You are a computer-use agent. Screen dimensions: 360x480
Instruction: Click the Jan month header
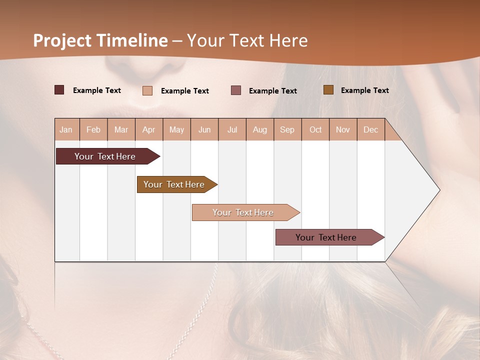point(66,129)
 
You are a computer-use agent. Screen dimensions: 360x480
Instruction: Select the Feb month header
point(93,129)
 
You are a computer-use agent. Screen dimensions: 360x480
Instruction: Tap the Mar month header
point(121,129)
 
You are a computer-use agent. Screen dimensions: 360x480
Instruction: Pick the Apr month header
point(149,129)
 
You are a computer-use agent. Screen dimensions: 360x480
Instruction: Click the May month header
point(176,129)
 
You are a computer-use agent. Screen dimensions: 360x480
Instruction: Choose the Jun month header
point(204,129)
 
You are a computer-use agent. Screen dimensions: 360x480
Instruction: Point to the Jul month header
point(232,129)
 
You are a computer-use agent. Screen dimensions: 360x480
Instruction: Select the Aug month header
point(260,129)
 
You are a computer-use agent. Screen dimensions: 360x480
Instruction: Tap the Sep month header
point(287,129)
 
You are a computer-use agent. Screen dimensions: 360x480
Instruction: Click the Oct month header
point(315,129)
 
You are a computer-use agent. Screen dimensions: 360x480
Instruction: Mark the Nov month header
point(343,129)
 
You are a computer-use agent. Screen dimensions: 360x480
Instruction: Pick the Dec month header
point(371,129)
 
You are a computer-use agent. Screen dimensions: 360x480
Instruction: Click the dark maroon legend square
point(59,90)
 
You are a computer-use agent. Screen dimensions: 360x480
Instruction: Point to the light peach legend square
point(147,90)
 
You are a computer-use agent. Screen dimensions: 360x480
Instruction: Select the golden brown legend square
point(328,90)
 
